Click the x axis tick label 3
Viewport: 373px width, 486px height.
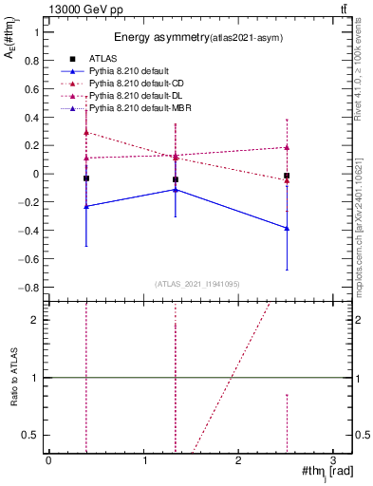333,460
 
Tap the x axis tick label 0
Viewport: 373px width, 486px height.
48,460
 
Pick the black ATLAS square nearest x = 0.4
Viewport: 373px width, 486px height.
86,178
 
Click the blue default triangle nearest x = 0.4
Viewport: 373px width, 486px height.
86,206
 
